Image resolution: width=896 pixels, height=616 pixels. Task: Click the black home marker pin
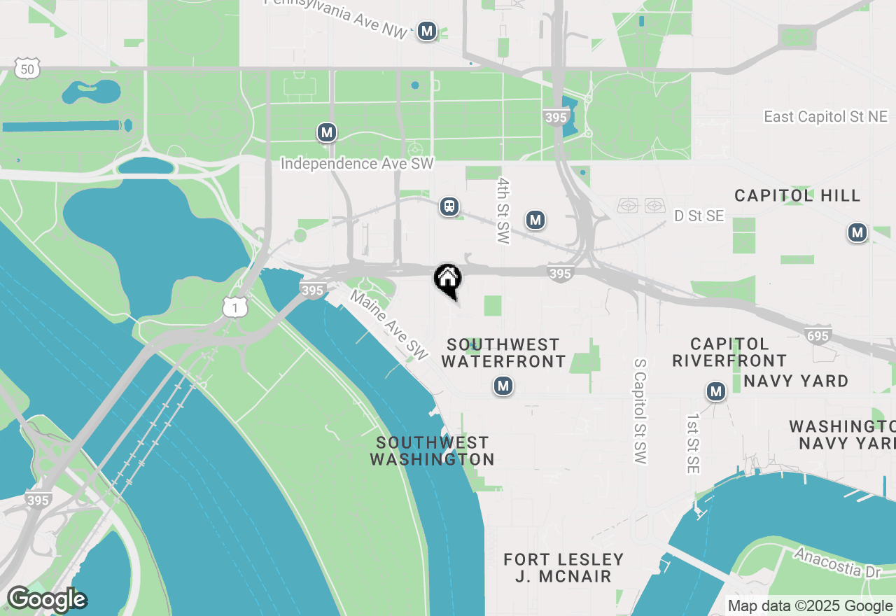coord(448,279)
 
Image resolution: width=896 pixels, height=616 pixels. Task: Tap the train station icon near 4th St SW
coord(449,206)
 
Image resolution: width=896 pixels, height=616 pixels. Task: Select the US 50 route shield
coord(27,69)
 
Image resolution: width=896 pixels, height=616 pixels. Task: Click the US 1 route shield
coord(236,307)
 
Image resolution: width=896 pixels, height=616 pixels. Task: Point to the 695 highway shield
coord(818,335)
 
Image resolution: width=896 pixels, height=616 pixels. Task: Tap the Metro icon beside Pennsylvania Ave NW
coord(427,31)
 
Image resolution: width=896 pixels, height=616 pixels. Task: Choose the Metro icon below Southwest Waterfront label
coord(503,385)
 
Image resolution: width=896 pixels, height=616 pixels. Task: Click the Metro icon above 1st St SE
coord(715,391)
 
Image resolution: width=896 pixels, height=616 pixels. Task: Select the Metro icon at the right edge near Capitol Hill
coord(857,232)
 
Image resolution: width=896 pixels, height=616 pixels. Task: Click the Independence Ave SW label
coord(357,164)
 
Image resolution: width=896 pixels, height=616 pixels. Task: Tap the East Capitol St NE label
coord(825,117)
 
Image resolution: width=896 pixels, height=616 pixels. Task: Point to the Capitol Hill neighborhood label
coord(797,195)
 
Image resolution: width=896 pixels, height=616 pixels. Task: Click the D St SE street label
coord(699,216)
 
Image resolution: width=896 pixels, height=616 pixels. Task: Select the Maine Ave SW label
coord(389,325)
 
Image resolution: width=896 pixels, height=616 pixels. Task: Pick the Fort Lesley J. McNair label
coord(563,568)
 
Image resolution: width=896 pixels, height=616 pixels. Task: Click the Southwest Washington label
coord(432,451)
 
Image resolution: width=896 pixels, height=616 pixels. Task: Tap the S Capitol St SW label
coord(640,411)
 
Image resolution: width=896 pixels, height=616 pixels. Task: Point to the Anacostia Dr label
coord(836,562)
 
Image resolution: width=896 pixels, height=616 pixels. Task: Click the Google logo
coord(47,600)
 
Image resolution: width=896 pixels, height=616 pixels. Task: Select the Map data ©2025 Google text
coord(811,606)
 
